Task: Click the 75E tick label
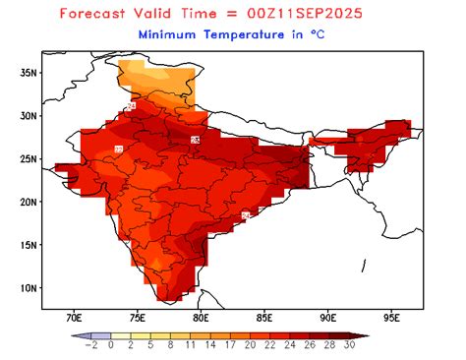[x=138, y=318]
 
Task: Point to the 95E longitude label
[x=392, y=318]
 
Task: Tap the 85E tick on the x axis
[x=264, y=318]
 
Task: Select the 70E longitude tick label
[x=74, y=318]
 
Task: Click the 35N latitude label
[x=29, y=72]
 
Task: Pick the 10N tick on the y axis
[x=29, y=288]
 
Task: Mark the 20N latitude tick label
[x=29, y=202]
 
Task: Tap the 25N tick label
[x=29, y=158]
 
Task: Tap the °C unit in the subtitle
[x=319, y=34]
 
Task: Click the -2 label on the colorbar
[x=91, y=346]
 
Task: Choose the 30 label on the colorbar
[x=348, y=346]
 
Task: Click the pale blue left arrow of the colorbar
[x=79, y=335]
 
